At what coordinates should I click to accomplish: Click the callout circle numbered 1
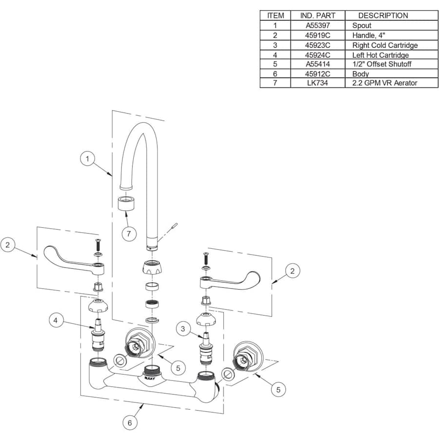coord(87,159)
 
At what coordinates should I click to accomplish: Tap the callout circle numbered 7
coord(129,234)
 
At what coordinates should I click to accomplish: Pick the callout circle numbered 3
coord(183,329)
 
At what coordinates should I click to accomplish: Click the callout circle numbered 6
coord(130,422)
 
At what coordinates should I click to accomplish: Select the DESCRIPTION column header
coord(383,15)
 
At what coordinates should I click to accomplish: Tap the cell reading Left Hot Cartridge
coord(380,55)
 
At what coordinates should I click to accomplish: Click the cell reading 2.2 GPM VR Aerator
coord(384,83)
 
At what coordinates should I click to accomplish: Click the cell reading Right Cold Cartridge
coord(385,45)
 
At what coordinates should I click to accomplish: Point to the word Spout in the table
coord(361,25)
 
